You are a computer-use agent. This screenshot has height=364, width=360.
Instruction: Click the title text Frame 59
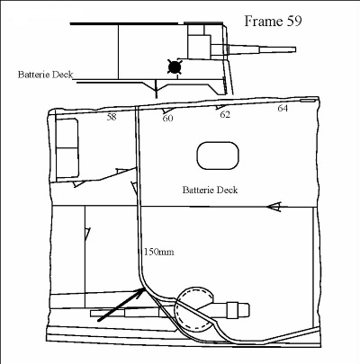click(273, 22)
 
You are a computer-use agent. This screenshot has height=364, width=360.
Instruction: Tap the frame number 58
click(112, 117)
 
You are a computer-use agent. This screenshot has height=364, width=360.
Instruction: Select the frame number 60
click(168, 119)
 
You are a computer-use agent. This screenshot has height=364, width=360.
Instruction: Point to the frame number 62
click(225, 114)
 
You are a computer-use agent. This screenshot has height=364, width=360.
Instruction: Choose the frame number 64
click(283, 109)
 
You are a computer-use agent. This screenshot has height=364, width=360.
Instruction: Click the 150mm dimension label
click(158, 252)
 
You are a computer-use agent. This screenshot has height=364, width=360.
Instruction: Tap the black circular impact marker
click(174, 67)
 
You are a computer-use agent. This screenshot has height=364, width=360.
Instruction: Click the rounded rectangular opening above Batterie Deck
click(218, 155)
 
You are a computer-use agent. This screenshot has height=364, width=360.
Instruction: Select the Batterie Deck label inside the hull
click(210, 190)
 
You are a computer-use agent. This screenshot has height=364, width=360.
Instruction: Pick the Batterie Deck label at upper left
click(45, 75)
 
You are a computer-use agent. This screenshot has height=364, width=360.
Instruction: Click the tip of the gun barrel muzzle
click(296, 49)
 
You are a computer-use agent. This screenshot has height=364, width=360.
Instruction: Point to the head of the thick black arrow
click(143, 289)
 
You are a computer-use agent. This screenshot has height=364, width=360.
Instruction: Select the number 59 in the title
click(294, 22)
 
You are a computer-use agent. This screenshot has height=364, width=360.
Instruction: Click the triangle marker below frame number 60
click(165, 111)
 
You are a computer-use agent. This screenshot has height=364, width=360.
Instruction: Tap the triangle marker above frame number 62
click(220, 107)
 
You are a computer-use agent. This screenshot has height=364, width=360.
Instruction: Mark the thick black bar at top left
click(124, 23)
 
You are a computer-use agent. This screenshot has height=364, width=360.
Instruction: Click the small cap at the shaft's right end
click(245, 310)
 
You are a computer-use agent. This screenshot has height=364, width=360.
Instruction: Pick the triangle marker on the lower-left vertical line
click(87, 234)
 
